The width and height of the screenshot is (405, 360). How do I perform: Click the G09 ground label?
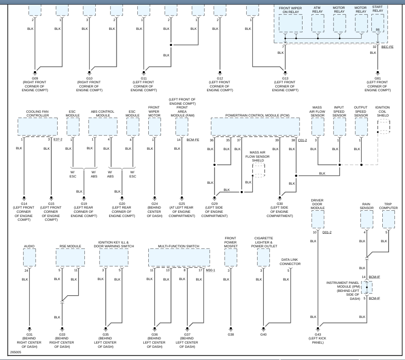35,78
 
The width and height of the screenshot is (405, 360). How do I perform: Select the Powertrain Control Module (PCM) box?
255,127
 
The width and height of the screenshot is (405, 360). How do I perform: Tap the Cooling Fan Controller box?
37,127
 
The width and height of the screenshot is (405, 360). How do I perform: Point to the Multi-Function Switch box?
179,257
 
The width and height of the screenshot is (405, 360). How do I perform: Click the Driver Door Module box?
318,219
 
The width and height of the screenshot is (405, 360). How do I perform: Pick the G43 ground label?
318,334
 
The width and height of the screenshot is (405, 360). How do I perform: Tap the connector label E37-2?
58,139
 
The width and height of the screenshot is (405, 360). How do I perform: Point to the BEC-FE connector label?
387,47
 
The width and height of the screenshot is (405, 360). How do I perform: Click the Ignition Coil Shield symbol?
383,127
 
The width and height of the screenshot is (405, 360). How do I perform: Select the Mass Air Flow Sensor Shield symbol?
258,170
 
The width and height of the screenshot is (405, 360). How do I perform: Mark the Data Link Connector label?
290,262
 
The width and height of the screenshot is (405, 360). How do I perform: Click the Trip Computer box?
388,219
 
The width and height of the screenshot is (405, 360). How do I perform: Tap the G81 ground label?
378,78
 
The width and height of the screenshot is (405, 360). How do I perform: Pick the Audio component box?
29,257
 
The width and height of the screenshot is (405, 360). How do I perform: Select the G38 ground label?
230,334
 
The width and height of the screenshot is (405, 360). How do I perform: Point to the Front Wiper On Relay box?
290,23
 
